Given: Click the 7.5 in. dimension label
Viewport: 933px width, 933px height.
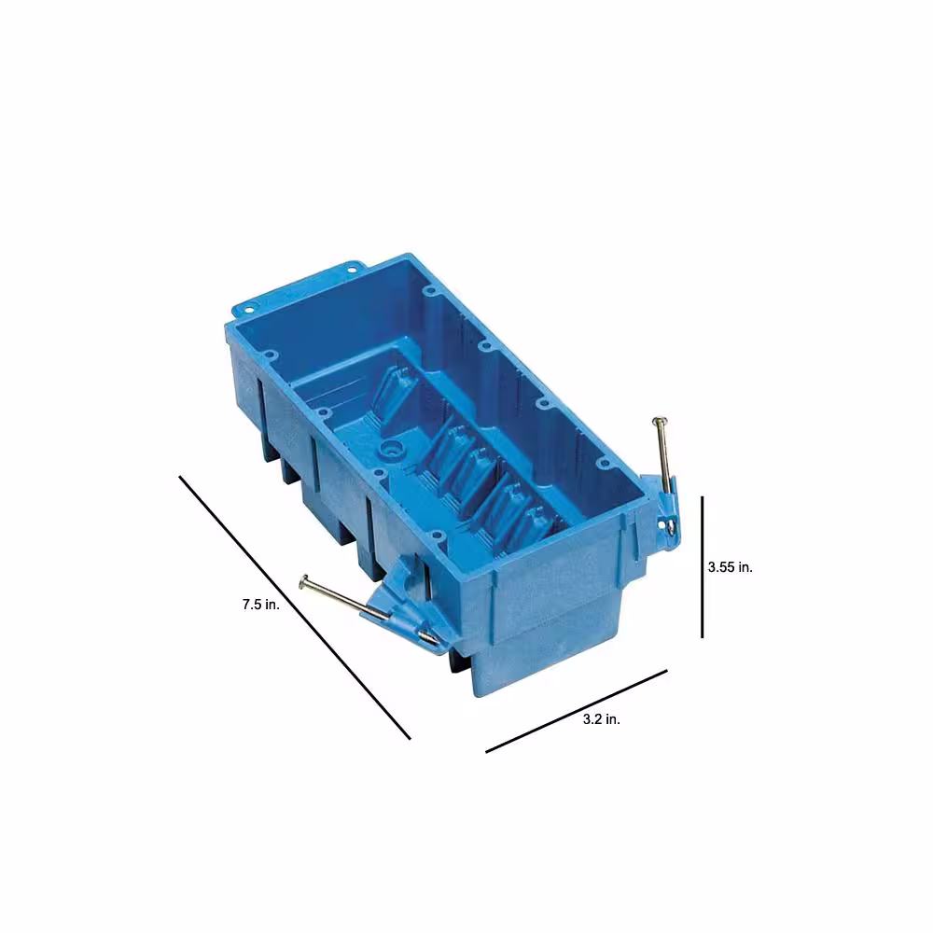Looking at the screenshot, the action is (260, 605).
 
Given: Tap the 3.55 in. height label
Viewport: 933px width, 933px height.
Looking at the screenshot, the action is (731, 567).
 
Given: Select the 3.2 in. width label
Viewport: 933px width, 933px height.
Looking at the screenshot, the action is (602, 719).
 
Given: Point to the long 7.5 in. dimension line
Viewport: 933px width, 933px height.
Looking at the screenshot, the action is (295, 607).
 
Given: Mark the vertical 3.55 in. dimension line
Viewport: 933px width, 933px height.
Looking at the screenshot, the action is (703, 567).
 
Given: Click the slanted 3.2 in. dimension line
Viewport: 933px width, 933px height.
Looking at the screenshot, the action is (577, 711).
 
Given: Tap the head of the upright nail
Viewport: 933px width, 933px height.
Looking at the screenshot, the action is (658, 420).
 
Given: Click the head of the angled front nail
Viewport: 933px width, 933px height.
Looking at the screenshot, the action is (304, 582).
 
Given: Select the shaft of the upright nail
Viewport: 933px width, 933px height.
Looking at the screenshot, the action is (664, 453).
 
